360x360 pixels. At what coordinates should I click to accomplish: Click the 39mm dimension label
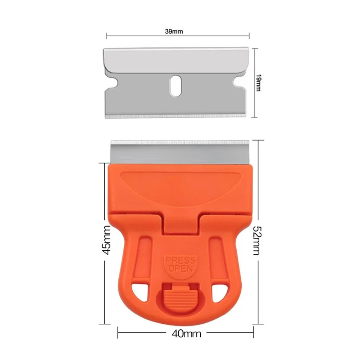[x=174, y=31]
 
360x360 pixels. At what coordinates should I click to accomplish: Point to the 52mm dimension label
[x=256, y=240]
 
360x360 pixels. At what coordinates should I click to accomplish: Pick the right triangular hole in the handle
[x=219, y=290]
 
